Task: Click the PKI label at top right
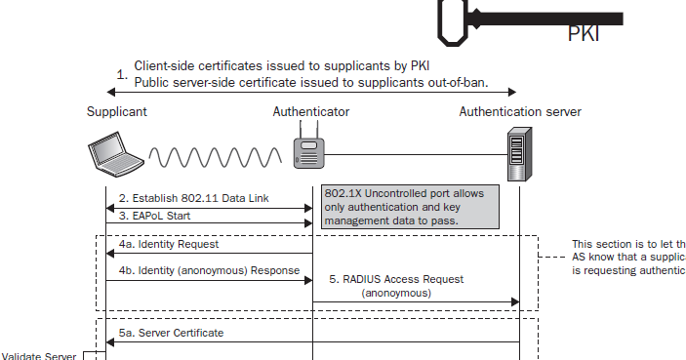point(584,35)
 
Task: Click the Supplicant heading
point(116,112)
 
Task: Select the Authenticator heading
point(311,112)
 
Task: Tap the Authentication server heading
point(520,112)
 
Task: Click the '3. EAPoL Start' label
point(155,217)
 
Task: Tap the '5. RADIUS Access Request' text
point(397,279)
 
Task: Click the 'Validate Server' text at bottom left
point(39,355)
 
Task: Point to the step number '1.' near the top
point(122,73)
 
